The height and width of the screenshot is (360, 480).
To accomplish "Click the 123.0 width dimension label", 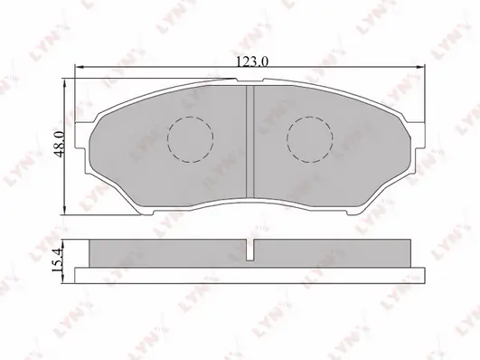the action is pos(252,62).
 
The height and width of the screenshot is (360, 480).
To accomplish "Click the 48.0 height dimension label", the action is pos(59,144).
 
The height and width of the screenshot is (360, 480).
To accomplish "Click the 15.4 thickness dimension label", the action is pos(57,260).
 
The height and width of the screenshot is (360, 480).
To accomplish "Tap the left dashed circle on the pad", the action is pos(191,139).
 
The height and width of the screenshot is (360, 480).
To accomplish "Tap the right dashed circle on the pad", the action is pos(310,139).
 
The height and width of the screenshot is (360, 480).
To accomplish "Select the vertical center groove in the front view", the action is pos(250,141).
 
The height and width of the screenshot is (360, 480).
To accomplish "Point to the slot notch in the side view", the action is pos(250,250).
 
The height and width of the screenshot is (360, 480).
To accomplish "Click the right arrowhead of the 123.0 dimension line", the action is pos(420,66).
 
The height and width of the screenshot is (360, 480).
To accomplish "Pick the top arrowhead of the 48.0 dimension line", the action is pos(64,83).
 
